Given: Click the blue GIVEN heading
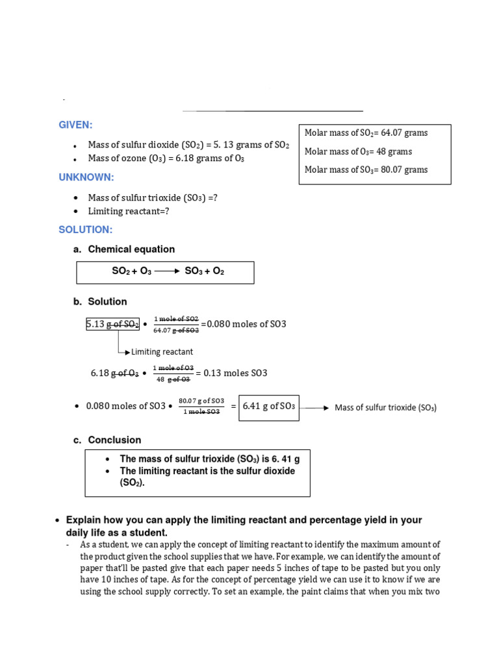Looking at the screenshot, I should (75, 125).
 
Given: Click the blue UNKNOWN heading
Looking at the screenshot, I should (86, 177).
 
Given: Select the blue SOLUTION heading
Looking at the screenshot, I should (85, 230).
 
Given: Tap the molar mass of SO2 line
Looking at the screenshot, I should (366, 133).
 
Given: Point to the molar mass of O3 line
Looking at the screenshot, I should (358, 151).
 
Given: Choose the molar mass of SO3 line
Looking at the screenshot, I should (366, 169).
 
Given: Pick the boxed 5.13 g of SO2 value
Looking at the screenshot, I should (112, 324).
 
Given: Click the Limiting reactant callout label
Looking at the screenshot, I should (162, 352).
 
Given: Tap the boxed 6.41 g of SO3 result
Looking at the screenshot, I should (268, 407).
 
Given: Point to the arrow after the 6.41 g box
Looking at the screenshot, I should (315, 408).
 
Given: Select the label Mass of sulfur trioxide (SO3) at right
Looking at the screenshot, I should (385, 408).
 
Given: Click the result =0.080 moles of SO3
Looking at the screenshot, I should (243, 324).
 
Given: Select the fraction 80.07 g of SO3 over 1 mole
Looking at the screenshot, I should (201, 407).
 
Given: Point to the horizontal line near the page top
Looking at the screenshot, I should (273, 111).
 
